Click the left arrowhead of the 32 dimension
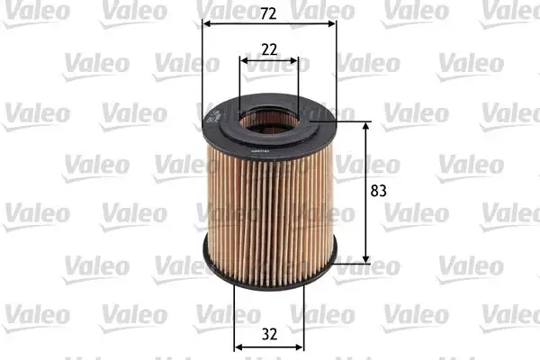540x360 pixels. pyautogui.click(x=238, y=346)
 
